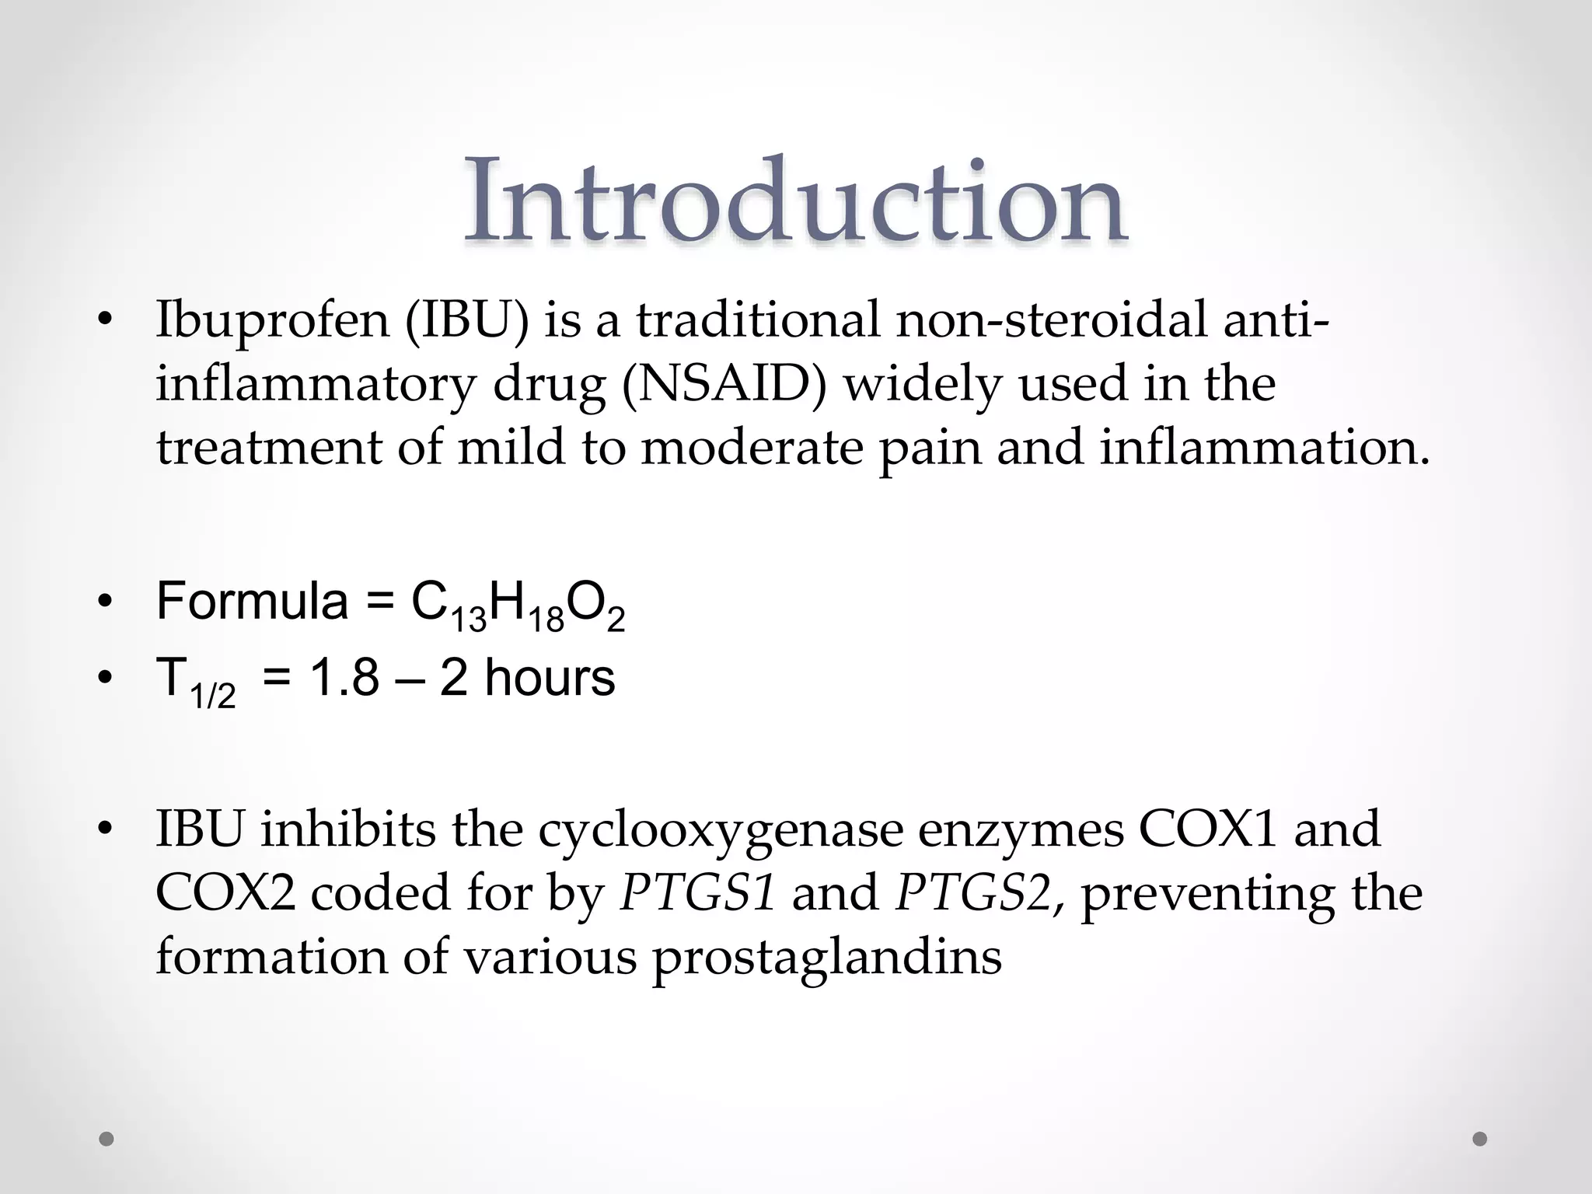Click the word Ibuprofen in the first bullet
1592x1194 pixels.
272,321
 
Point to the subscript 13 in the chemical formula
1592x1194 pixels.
468,620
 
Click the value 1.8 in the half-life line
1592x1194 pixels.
344,677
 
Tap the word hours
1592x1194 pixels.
549,677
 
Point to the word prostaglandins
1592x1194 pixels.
826,957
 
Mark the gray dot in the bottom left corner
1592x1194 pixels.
107,1139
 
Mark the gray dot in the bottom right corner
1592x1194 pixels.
1480,1139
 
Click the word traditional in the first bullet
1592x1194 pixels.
758,321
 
